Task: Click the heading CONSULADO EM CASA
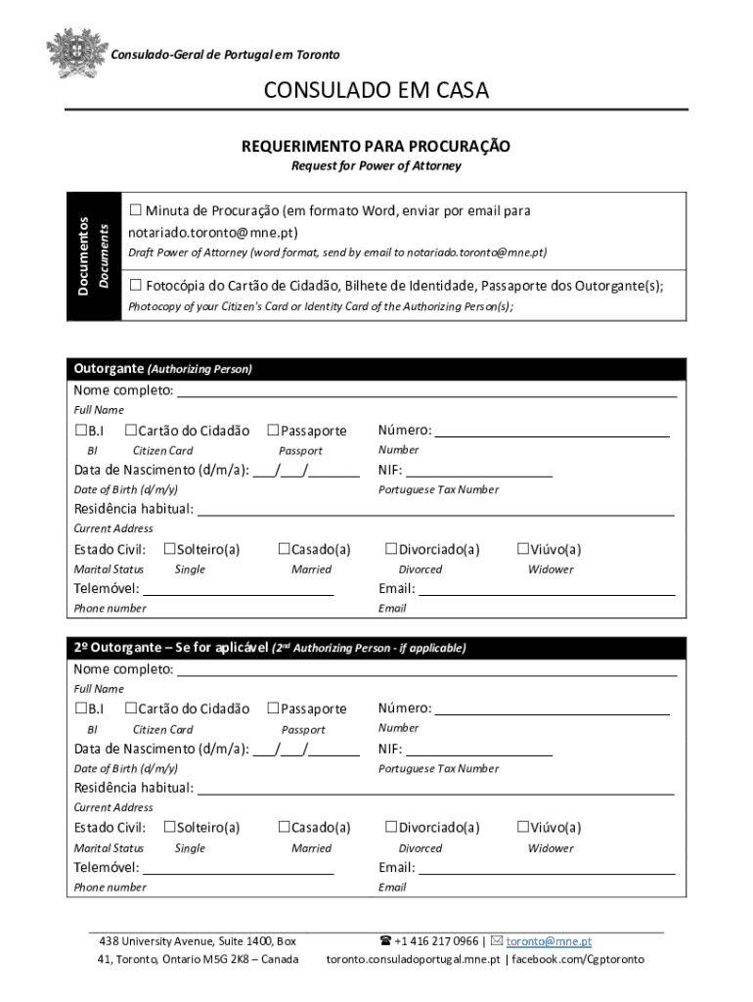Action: (x=376, y=91)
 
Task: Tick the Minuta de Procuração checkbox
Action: (x=136, y=210)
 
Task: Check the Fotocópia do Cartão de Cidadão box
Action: (x=136, y=286)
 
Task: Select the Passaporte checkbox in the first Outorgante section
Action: (x=273, y=431)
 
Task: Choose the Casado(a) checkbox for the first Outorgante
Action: (x=285, y=549)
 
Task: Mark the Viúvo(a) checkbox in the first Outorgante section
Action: (x=522, y=549)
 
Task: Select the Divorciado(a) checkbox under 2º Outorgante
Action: (x=391, y=828)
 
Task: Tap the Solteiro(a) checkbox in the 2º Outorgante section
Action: (x=169, y=828)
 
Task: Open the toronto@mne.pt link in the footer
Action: (x=549, y=941)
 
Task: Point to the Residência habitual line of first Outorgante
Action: (x=435, y=509)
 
